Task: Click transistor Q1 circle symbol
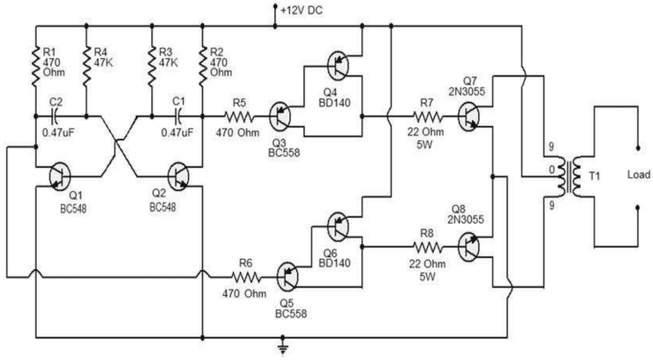coord(60,176)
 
